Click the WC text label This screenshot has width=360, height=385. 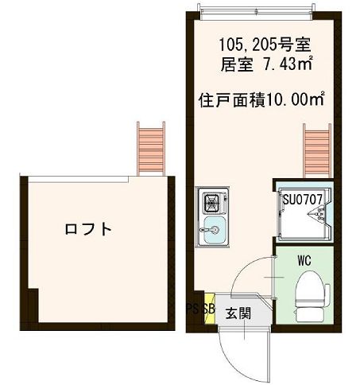coord(304,260)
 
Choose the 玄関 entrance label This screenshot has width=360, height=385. coord(238,313)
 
